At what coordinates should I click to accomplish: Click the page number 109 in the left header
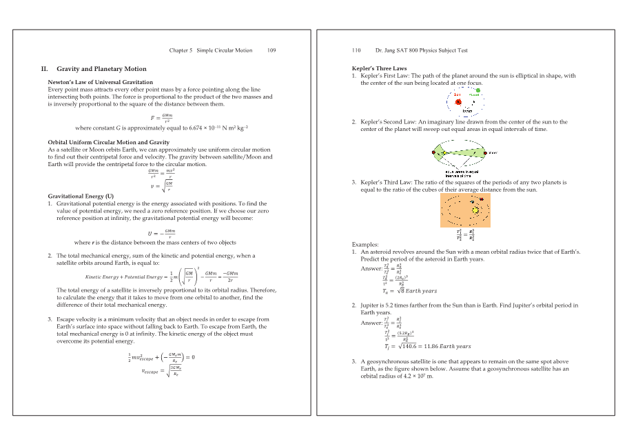(x=272, y=50)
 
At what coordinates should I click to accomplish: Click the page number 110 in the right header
(x=356, y=50)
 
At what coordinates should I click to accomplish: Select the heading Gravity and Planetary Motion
(x=101, y=69)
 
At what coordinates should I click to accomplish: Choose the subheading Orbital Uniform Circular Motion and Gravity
(x=108, y=142)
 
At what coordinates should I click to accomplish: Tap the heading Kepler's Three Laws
(x=379, y=69)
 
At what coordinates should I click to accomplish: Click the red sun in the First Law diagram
(x=458, y=101)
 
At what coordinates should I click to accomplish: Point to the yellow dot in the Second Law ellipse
(x=444, y=153)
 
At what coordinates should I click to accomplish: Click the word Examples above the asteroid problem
(x=365, y=245)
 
